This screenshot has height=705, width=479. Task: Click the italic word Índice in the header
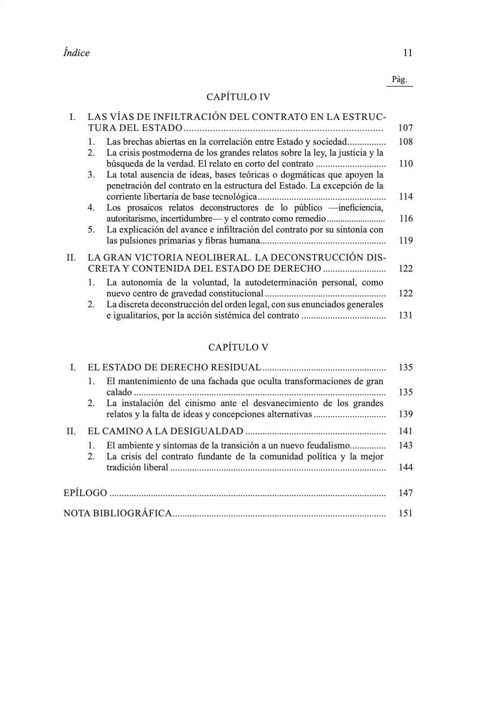76,53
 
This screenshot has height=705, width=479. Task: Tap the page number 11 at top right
407,53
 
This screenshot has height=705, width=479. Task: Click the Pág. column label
399,80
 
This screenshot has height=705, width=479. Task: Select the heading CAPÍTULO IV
238,97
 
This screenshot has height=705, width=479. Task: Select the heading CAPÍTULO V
238,347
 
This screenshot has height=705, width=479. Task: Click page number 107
405,127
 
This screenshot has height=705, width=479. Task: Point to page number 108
405,141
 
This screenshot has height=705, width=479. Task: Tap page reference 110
405,163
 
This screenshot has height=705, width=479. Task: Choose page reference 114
405,196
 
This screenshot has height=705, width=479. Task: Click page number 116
405,218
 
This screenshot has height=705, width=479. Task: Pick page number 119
405,240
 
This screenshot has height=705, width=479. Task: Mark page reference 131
405,315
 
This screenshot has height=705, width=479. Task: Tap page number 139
405,414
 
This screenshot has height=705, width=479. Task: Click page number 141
405,431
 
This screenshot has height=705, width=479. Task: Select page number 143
405,445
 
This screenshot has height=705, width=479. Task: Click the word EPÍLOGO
85,493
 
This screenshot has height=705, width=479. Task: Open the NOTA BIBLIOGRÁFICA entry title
117,513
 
